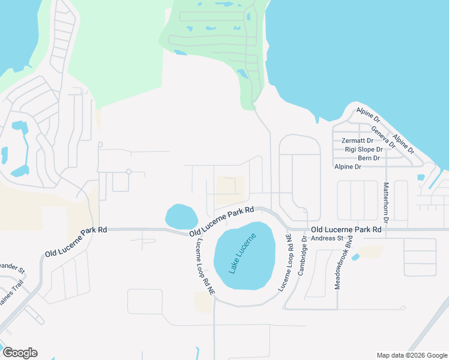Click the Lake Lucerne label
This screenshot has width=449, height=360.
[243, 253]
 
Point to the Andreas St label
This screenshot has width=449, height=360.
[327, 238]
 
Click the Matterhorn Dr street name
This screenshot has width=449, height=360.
[386, 204]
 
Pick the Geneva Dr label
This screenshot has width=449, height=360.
[383, 137]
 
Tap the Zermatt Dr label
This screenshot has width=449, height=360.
[358, 140]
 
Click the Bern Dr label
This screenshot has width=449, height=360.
[369, 158]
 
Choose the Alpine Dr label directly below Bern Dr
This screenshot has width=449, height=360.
[348, 167]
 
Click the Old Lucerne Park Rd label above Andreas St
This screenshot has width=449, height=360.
[346, 229]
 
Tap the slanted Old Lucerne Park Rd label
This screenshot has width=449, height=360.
[222, 221]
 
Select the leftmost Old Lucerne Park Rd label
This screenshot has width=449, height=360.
[76, 242]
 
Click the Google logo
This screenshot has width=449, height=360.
[20, 353]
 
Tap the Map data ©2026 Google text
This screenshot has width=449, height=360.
[411, 355]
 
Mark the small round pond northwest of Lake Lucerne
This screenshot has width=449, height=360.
[181, 217]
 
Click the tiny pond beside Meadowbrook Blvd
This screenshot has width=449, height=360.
[355, 257]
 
